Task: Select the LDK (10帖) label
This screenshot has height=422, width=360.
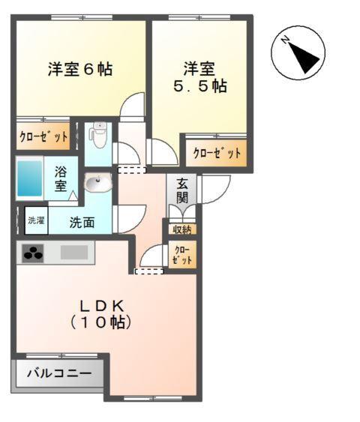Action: tap(102, 315)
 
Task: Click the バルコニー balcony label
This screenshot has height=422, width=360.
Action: tap(58, 373)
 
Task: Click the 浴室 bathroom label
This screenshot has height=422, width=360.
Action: tap(61, 178)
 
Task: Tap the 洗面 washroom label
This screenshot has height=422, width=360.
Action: tap(82, 222)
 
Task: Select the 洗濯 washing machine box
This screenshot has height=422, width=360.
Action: tap(36, 220)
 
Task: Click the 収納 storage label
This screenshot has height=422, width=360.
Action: tap(182, 229)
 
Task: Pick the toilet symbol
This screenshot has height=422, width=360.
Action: tap(97, 135)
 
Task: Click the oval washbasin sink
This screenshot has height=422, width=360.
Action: tap(97, 182)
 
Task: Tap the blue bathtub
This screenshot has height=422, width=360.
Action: tap(30, 178)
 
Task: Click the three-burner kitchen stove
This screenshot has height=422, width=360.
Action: tap(33, 253)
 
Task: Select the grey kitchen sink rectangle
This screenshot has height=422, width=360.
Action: tap(75, 253)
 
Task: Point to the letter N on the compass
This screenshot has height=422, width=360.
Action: tap(286, 42)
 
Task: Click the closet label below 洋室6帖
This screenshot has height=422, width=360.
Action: tap(43, 137)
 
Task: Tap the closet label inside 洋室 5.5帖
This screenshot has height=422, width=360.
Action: tap(217, 153)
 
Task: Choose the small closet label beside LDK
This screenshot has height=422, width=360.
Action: tap(182, 254)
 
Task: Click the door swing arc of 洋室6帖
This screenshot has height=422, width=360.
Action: tap(132, 106)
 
